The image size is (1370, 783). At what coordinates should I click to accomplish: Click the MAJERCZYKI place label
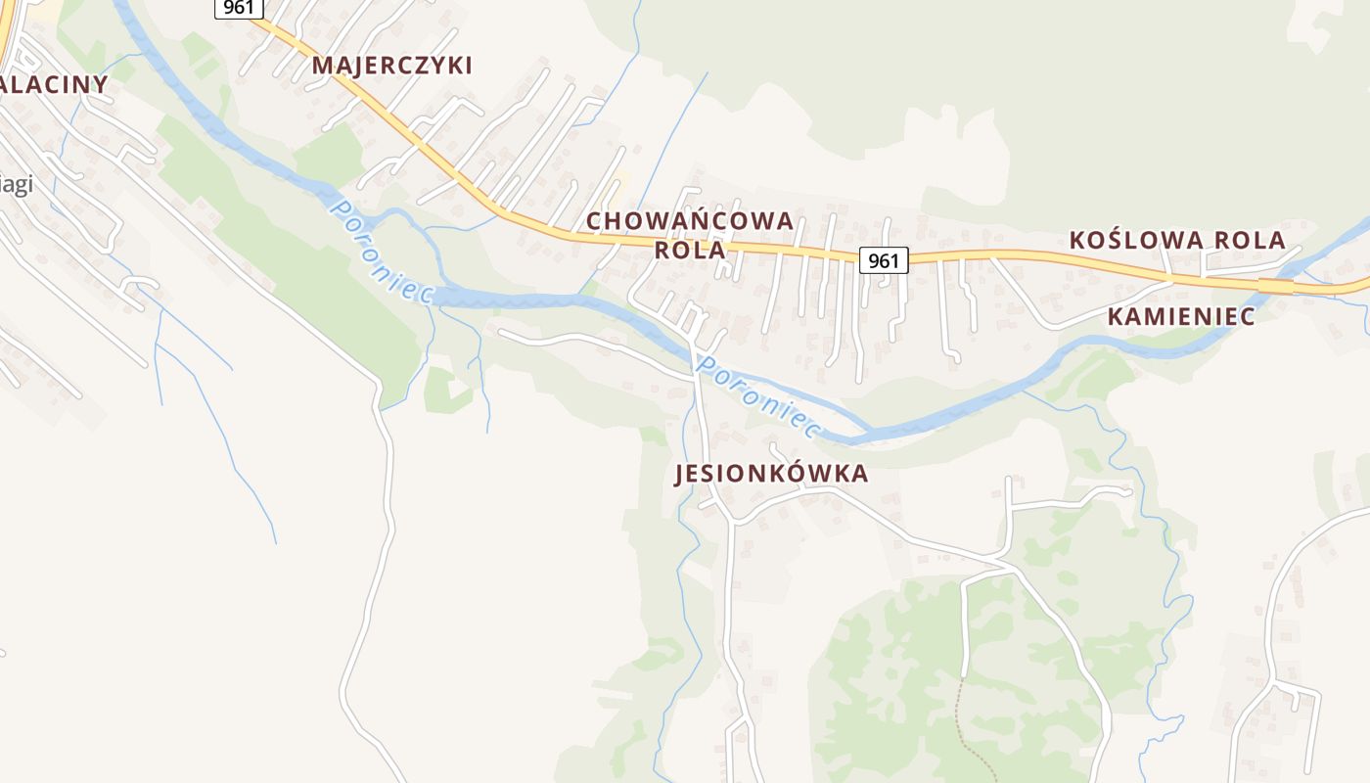(x=391, y=66)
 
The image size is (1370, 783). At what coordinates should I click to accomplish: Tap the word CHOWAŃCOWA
(x=689, y=221)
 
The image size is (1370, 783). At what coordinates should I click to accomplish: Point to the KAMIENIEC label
(x=1181, y=316)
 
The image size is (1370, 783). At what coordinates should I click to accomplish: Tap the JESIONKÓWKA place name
(x=771, y=474)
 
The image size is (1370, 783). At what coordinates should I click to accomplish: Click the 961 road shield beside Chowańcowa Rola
(x=884, y=260)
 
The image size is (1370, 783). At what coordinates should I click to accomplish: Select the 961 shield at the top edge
(x=239, y=8)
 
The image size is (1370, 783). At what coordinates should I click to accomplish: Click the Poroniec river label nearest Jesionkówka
(x=755, y=394)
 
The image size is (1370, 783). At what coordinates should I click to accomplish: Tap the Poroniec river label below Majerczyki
(x=382, y=251)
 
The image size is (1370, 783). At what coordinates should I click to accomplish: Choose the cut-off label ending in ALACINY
(x=53, y=84)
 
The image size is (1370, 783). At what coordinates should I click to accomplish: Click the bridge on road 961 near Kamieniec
(x=1275, y=286)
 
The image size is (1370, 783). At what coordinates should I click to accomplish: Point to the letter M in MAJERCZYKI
(x=322, y=66)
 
